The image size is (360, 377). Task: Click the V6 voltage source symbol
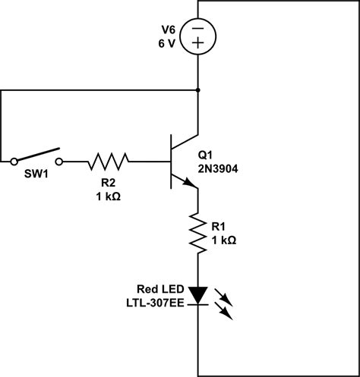(197, 36)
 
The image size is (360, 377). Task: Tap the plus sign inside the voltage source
(197, 45)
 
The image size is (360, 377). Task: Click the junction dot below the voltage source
(197, 90)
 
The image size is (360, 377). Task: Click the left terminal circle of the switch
(14, 161)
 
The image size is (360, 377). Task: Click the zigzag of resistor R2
(109, 161)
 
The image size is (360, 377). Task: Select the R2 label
(109, 182)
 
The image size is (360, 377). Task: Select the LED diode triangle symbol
(197, 294)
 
